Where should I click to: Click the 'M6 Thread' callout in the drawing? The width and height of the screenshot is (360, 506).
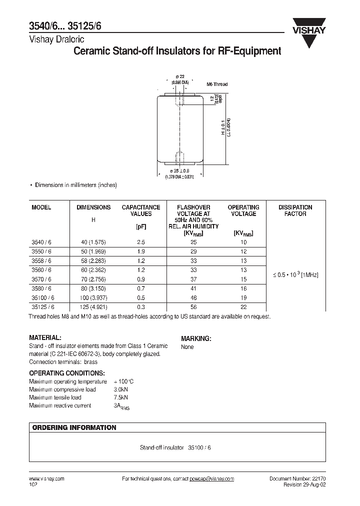[x=217, y=84]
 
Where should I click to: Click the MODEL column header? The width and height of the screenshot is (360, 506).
[x=41, y=207]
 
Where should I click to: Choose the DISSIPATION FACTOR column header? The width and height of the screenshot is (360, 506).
[x=295, y=210]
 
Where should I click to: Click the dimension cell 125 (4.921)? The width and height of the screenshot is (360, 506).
[x=93, y=307]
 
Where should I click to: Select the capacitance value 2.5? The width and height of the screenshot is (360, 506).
[x=141, y=242]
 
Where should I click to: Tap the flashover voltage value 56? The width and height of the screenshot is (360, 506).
[x=193, y=307]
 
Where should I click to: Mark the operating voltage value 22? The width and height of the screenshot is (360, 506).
[x=243, y=307]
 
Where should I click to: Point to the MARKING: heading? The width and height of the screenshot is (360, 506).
[x=196, y=338]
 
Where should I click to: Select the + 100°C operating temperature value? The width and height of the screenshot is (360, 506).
[x=123, y=381]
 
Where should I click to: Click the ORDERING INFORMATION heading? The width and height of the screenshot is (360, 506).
[x=74, y=427]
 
